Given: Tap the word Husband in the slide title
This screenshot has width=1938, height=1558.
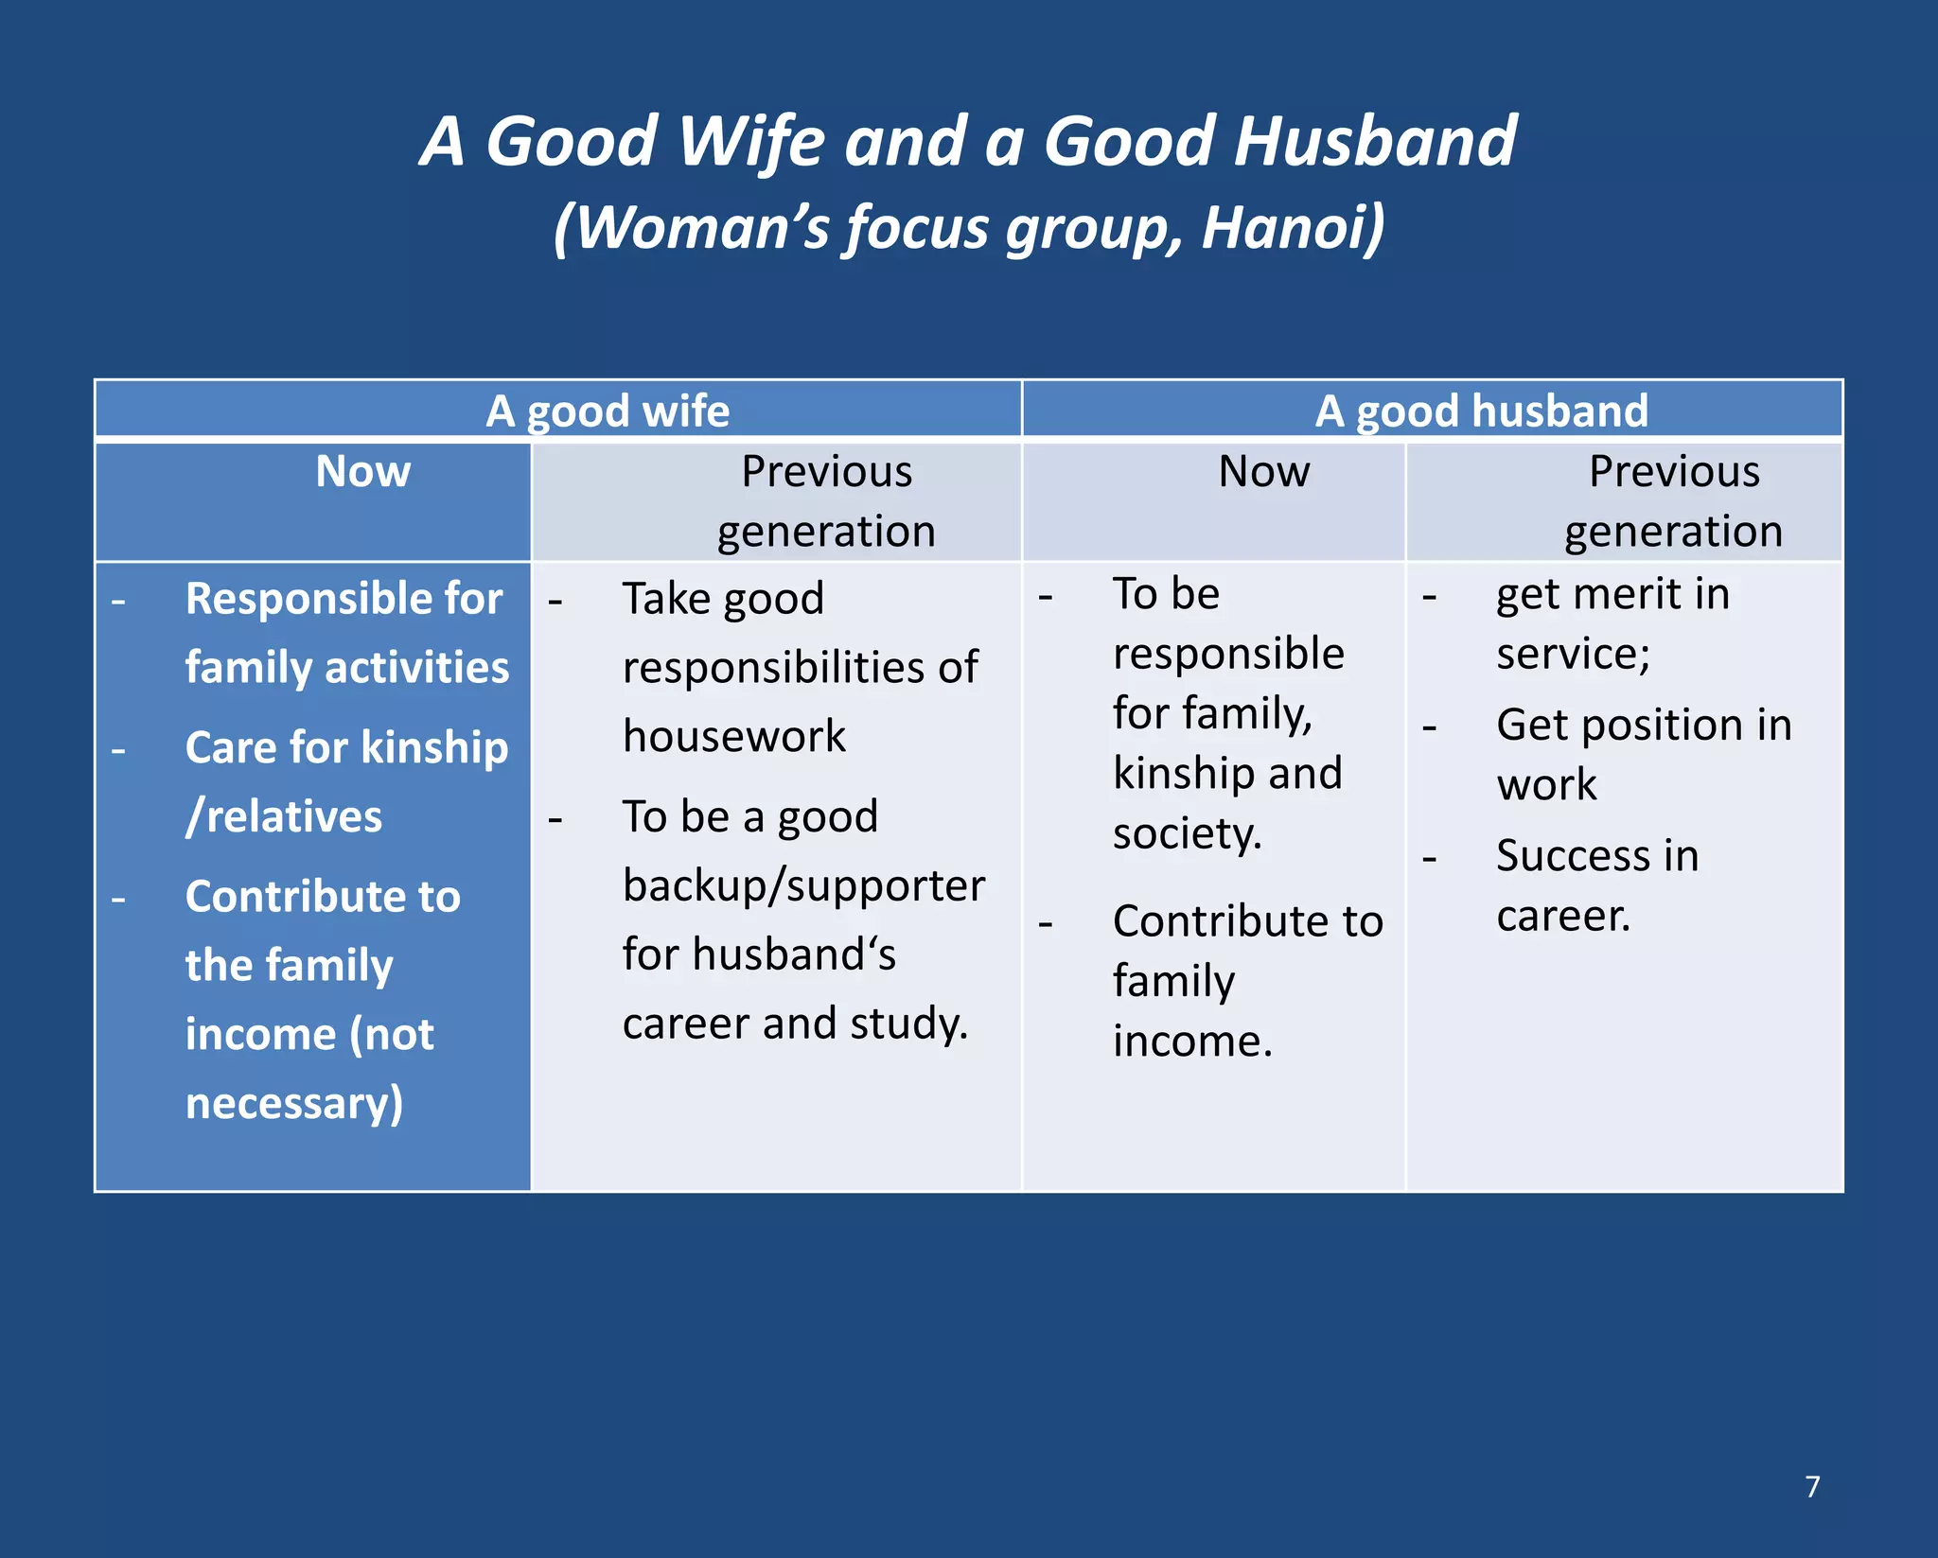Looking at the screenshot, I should tap(1375, 142).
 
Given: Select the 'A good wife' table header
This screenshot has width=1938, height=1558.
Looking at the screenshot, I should tap(608, 411).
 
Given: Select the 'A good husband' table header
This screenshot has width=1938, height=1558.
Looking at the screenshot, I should tap(1481, 411).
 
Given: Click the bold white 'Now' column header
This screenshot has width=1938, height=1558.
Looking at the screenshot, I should tap(363, 471).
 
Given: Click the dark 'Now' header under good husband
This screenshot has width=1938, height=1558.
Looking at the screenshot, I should tap(1264, 471).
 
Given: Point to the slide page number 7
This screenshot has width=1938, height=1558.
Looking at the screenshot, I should tap(1812, 1486).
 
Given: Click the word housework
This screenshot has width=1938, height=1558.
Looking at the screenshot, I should tap(734, 736).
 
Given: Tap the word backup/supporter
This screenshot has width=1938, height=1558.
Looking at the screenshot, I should tap(803, 885).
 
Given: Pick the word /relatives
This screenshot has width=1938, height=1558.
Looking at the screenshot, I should tap(284, 816).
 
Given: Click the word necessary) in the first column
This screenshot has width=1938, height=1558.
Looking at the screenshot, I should tap(294, 1103).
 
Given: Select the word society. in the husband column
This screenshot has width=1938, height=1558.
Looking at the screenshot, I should tap(1187, 833).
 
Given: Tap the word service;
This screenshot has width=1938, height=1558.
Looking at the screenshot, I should tap(1573, 654).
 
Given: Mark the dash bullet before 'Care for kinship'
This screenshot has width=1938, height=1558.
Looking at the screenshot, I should tap(118, 750).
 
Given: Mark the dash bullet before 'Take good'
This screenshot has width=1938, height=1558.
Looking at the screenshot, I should tap(555, 601).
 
